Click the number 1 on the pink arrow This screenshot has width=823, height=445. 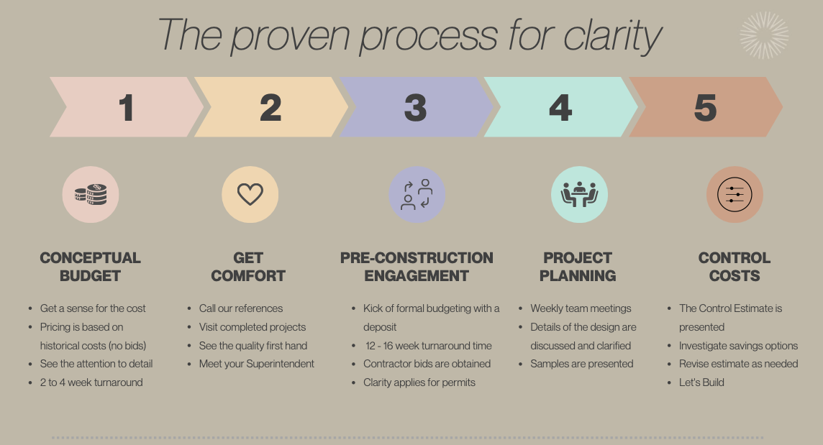(126, 108)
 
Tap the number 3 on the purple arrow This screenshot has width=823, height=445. (415, 108)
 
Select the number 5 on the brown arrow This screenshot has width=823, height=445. (705, 108)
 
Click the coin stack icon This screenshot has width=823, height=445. (91, 195)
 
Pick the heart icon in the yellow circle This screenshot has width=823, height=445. (250, 195)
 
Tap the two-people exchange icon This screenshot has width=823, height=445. (417, 195)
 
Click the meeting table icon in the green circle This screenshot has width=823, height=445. (579, 195)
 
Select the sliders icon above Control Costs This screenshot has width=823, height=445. (735, 195)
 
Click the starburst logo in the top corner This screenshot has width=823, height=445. (764, 35)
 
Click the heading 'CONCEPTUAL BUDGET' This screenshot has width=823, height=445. (91, 267)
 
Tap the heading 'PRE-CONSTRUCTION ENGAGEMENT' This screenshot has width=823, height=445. (417, 267)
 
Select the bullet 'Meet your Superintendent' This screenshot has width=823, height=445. (256, 364)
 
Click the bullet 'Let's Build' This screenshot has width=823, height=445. (701, 382)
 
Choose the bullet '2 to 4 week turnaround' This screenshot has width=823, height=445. (91, 382)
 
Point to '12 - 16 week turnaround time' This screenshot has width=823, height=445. (428, 345)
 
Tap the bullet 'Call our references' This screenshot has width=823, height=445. (241, 308)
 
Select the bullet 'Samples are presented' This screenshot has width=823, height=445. (582, 364)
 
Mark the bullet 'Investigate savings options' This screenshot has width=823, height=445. (738, 346)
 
